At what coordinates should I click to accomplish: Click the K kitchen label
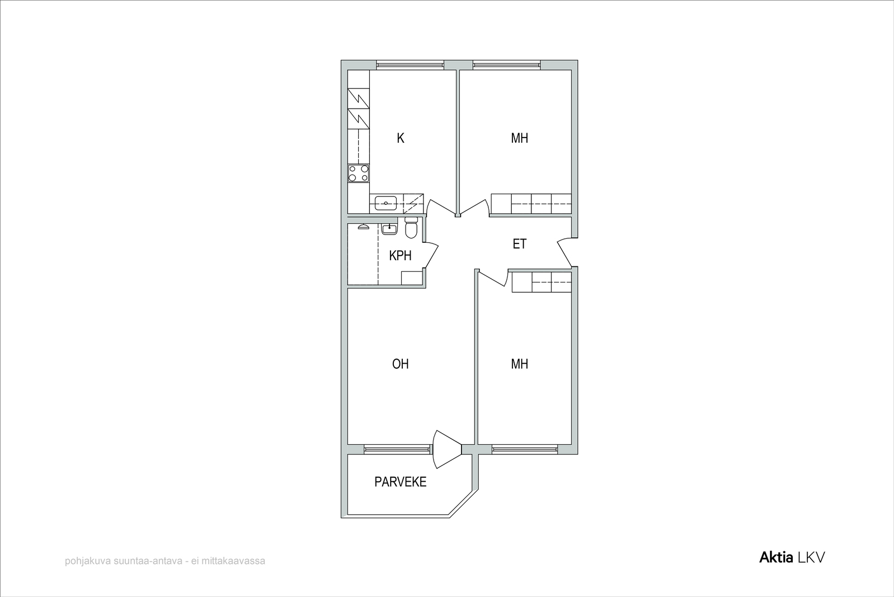[400, 138]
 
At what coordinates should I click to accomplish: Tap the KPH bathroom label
[400, 256]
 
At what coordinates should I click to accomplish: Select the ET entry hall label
[520, 244]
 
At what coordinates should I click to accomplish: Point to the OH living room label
[400, 364]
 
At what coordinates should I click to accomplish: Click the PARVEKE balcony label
[400, 482]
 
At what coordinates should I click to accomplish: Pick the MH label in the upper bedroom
[520, 138]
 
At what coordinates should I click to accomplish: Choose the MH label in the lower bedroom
[520, 364]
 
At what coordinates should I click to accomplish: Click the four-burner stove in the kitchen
[358, 173]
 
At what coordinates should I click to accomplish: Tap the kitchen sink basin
[386, 203]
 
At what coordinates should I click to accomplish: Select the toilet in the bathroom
[411, 227]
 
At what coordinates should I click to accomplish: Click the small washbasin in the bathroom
[389, 229]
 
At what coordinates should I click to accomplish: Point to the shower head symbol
[363, 227]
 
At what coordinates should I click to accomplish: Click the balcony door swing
[447, 449]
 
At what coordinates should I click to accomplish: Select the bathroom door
[431, 255]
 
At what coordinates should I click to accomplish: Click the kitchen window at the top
[410, 65]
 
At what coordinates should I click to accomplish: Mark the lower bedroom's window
[525, 449]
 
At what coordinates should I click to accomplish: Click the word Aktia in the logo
[776, 557]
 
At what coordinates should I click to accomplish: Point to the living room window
[398, 449]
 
